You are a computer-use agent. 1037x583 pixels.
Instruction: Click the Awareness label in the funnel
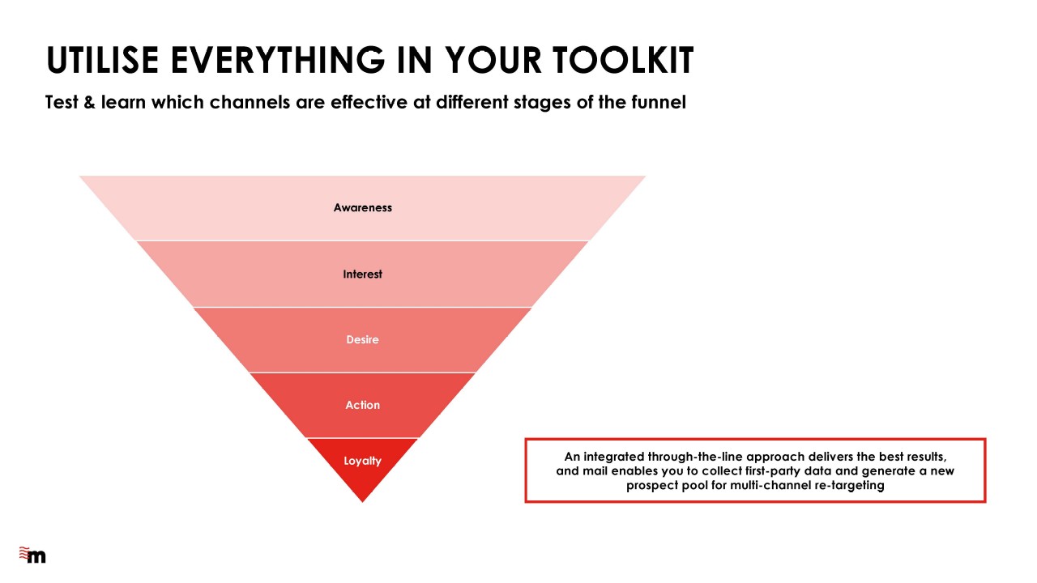362,208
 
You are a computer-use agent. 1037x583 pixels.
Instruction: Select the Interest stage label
362,274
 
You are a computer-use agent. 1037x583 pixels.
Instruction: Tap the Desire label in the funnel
362,339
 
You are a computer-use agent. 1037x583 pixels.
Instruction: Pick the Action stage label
362,405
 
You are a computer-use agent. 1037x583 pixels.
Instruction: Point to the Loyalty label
362,461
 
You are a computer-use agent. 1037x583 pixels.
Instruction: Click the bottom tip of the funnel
362,502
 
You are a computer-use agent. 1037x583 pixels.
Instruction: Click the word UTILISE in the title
102,60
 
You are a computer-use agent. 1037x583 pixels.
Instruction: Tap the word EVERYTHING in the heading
278,60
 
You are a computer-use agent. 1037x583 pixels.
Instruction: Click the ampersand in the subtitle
89,102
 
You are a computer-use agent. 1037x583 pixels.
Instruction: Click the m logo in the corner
32,555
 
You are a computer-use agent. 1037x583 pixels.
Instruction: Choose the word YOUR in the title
493,60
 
